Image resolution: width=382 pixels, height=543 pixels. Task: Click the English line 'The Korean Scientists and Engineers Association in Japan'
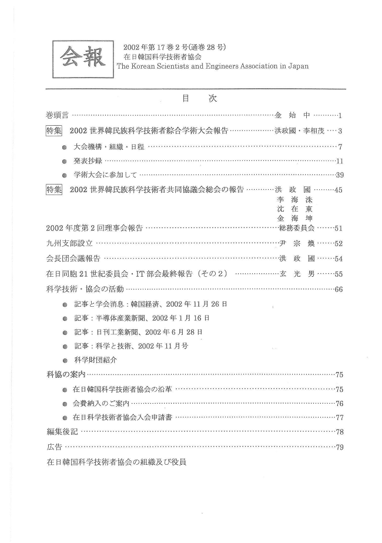pyautogui.click(x=212, y=66)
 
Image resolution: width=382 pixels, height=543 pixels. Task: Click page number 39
pyautogui.click(x=339, y=175)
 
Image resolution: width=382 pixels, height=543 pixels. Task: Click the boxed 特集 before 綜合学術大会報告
pyautogui.click(x=55, y=130)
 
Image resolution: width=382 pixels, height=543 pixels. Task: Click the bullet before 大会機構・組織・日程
pyautogui.click(x=65, y=146)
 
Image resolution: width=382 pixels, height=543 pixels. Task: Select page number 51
pyautogui.click(x=339, y=228)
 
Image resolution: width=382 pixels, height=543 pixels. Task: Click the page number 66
pyautogui.click(x=339, y=289)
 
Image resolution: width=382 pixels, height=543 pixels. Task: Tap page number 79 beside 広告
pyautogui.click(x=339, y=448)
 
